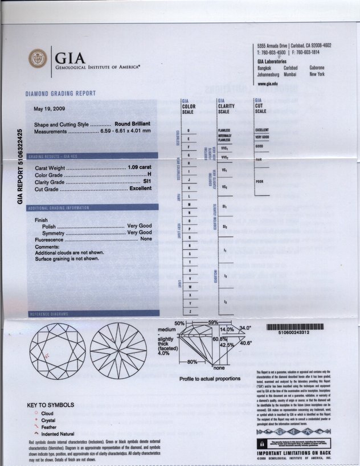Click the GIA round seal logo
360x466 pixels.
39,58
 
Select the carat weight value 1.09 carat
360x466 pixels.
140,167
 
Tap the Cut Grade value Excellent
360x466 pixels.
140,189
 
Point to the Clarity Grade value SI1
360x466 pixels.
147,182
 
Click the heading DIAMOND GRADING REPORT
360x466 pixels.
60,93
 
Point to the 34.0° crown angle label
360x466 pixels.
245,329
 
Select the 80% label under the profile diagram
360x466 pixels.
192,362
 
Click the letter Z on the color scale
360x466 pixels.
189,311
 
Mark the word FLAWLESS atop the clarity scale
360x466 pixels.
223,130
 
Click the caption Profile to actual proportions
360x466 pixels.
210,378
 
